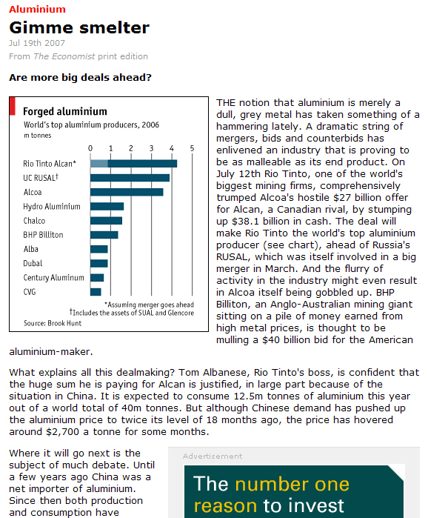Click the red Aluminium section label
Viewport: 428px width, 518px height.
[x=37, y=9]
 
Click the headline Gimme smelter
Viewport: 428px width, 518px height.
[x=79, y=27]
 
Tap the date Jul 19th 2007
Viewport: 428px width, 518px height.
[x=37, y=43]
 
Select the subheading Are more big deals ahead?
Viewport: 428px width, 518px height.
[x=80, y=77]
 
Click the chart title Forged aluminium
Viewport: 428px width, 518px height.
[x=65, y=111]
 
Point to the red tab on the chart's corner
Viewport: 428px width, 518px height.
[x=13, y=106]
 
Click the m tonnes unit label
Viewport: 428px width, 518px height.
[x=38, y=136]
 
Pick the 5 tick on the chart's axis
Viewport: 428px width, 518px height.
[x=192, y=148]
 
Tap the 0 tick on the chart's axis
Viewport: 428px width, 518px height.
[x=90, y=148]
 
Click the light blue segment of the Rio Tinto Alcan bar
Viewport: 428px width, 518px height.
[x=99, y=163]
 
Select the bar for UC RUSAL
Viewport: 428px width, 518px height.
[x=130, y=178]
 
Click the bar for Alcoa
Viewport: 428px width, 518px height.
[x=127, y=192]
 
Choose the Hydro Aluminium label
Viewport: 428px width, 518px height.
[x=52, y=207]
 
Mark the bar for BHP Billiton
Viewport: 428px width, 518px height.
[x=104, y=235]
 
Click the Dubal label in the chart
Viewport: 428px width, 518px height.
[x=33, y=263]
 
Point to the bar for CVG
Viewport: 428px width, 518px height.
[x=96, y=292]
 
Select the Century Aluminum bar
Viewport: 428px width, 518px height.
[x=97, y=277]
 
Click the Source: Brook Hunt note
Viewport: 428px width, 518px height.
[x=53, y=323]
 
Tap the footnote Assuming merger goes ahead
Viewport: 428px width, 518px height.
[x=149, y=305]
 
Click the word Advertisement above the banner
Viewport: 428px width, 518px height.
[x=213, y=456]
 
